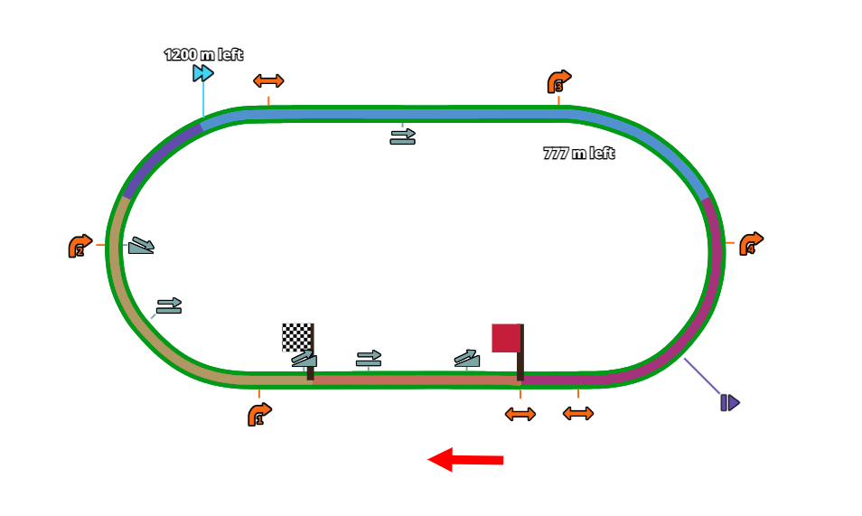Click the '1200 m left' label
[203, 55]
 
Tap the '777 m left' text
[578, 154]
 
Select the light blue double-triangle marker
[203, 73]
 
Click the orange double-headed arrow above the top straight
[268, 80]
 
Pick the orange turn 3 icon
[558, 81]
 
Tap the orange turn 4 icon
[751, 244]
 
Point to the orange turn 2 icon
[80, 246]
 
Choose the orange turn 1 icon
[259, 415]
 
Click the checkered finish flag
[296, 337]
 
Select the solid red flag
[506, 338]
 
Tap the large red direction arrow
[464, 460]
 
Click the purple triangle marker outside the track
[729, 402]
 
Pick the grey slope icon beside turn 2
[140, 246]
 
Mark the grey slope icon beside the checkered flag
[305, 359]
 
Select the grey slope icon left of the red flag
[467, 359]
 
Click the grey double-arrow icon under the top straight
[403, 136]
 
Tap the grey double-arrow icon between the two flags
[369, 359]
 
